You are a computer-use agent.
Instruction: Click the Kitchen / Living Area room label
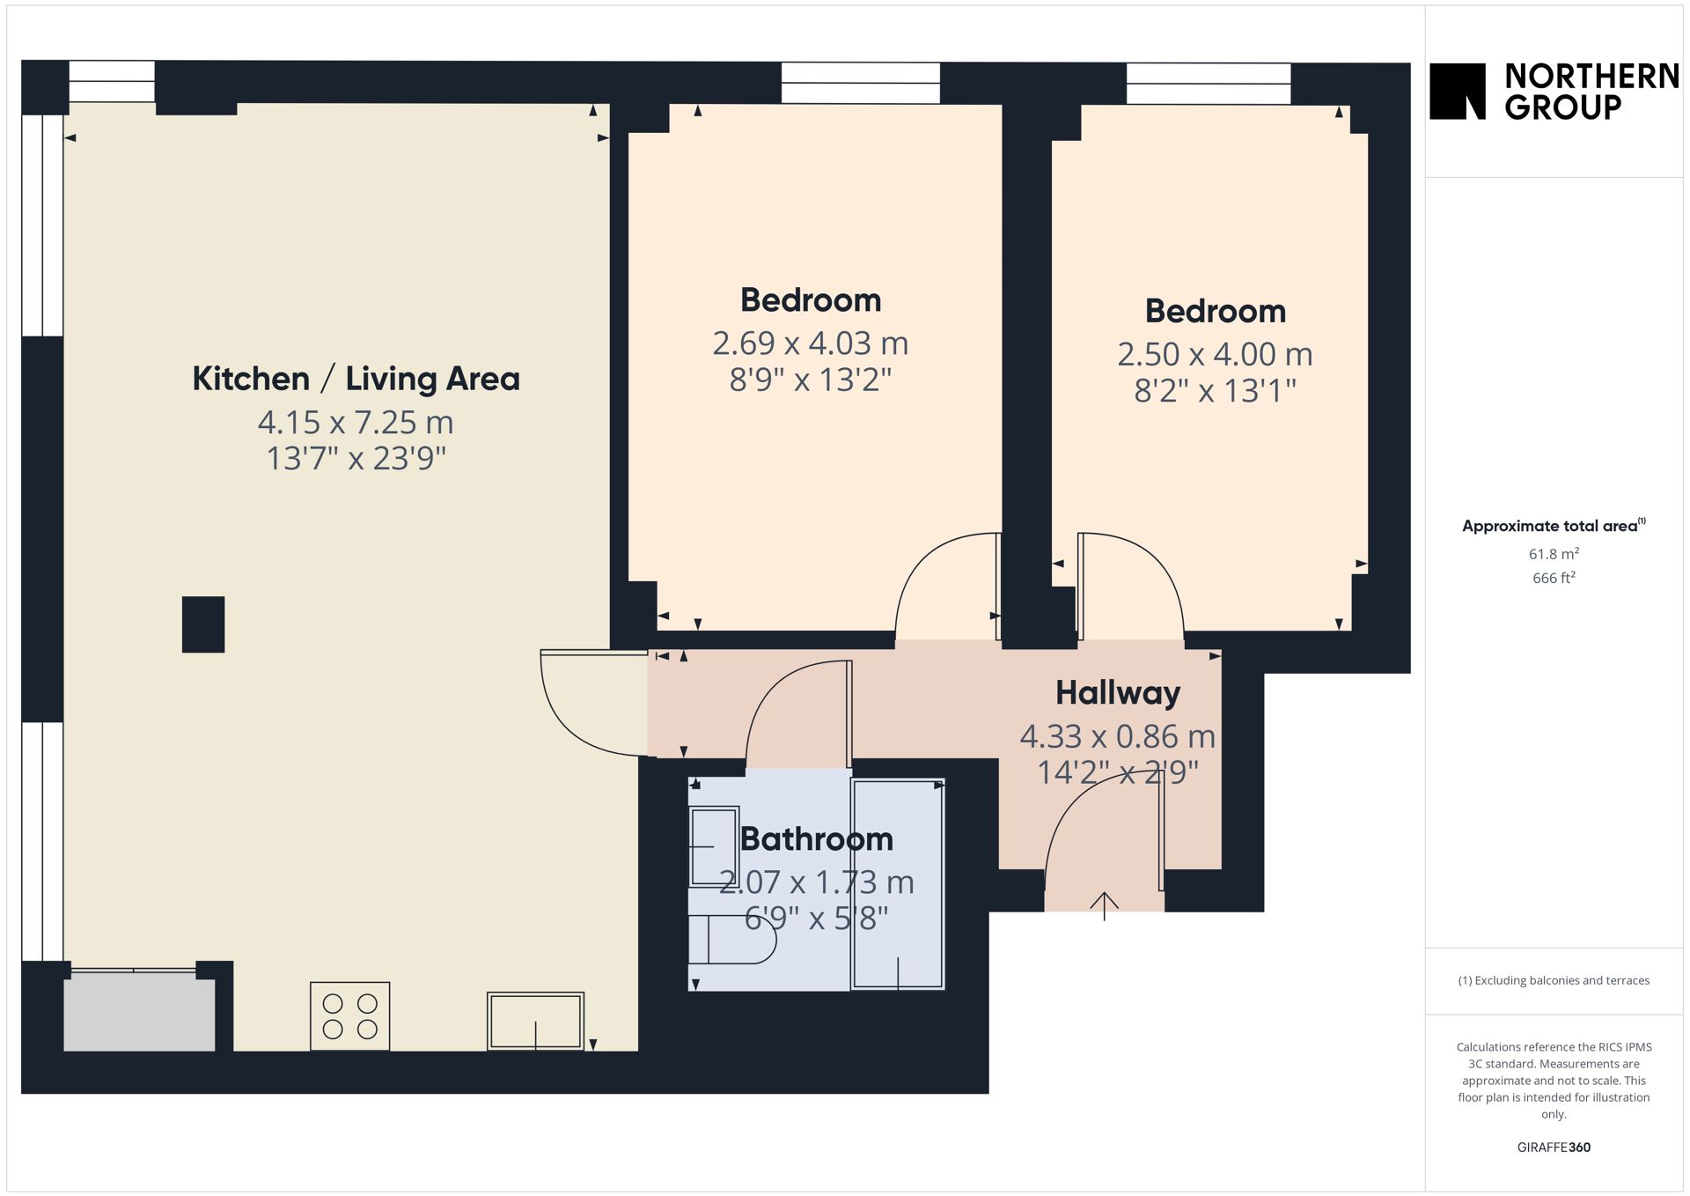click(x=356, y=379)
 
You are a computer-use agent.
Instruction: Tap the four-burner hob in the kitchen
click(x=349, y=1015)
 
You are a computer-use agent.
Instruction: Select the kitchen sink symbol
click(x=535, y=1021)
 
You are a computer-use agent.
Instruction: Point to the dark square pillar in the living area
click(x=203, y=624)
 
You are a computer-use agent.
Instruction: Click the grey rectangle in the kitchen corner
click(x=139, y=1011)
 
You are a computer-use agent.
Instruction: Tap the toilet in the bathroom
click(x=731, y=939)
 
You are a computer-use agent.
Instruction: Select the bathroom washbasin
click(x=713, y=846)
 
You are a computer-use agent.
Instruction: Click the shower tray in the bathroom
click(x=898, y=883)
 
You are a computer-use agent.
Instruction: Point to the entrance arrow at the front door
click(x=1105, y=905)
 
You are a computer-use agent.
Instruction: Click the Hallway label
click(x=1118, y=693)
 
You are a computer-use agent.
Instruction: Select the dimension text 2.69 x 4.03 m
click(x=811, y=343)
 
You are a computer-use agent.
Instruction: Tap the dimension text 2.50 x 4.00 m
click(x=1215, y=354)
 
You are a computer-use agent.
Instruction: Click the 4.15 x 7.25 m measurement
click(x=356, y=423)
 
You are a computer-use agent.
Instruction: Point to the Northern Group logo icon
click(x=1458, y=91)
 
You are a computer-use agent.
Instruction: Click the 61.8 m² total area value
click(x=1554, y=554)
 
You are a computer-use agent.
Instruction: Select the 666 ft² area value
click(x=1554, y=578)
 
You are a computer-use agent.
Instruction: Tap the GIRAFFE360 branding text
click(x=1554, y=1147)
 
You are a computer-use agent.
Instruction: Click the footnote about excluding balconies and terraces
click(x=1554, y=980)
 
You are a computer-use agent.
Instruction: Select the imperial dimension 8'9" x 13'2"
click(x=811, y=380)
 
